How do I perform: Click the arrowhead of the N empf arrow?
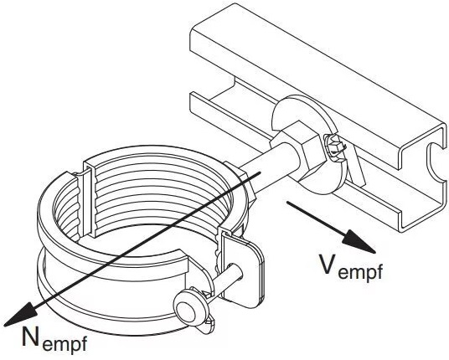(20, 314)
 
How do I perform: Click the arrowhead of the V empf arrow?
(360, 242)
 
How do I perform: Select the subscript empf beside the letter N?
(65, 342)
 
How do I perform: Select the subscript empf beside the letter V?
(360, 270)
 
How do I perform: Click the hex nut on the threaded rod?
(298, 149)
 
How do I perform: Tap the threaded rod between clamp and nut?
(258, 171)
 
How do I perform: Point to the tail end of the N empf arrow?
(260, 172)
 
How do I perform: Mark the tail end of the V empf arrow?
(287, 203)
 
